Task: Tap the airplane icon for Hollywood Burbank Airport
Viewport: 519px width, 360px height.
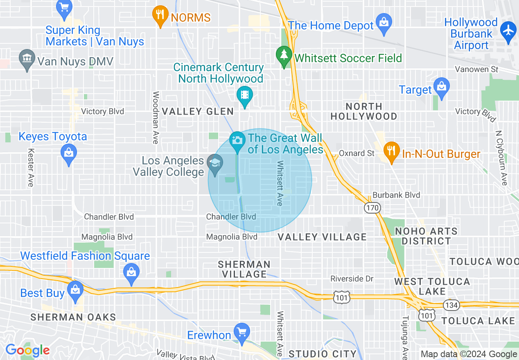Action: click(x=508, y=30)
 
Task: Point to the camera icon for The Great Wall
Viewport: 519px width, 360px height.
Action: click(x=237, y=140)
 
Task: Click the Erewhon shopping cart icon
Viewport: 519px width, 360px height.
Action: click(x=241, y=331)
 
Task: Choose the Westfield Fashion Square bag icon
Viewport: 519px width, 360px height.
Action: click(x=131, y=272)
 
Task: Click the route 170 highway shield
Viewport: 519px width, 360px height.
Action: click(x=372, y=208)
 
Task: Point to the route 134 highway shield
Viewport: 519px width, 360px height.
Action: click(x=451, y=305)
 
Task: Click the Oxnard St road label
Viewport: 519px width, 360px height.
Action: click(x=357, y=153)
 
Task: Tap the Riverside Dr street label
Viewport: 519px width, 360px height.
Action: click(x=352, y=279)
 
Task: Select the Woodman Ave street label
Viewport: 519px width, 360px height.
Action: click(x=156, y=117)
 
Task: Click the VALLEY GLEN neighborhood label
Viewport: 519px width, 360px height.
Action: click(x=198, y=111)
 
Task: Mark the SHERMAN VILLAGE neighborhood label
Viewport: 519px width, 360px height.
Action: click(x=244, y=269)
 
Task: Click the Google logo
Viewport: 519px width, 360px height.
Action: click(x=27, y=350)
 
